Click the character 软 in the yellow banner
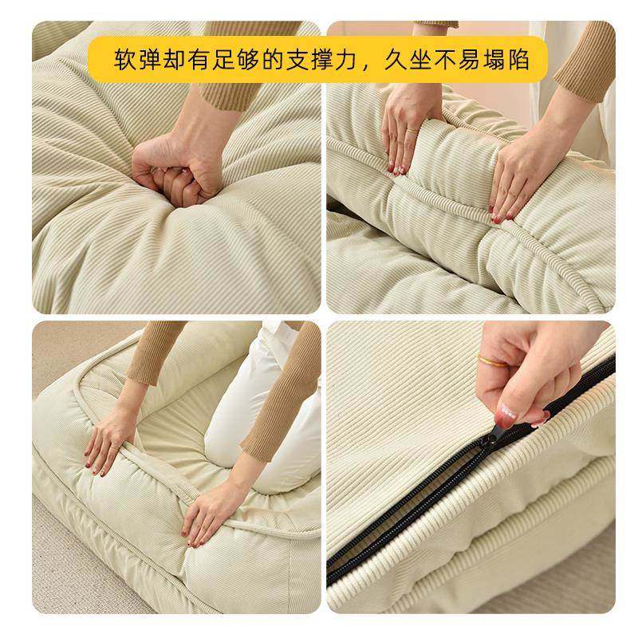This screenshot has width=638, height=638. (125, 60)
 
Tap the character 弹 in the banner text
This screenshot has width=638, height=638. (150, 60)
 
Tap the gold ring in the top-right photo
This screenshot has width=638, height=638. (412, 131)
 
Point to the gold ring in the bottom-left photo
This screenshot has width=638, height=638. (115, 448)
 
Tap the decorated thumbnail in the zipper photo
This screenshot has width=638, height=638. (508, 413)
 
